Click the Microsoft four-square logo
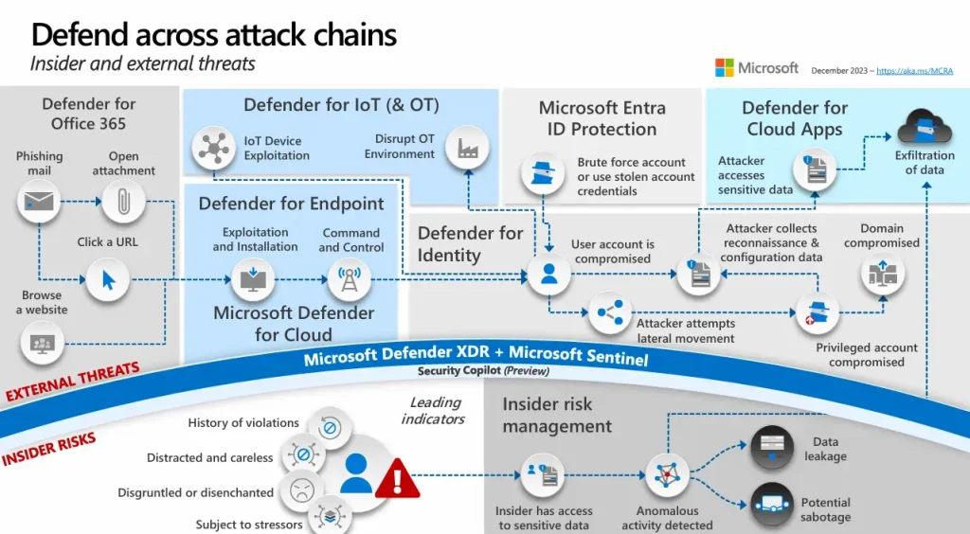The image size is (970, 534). (x=725, y=68)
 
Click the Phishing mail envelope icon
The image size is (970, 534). (x=40, y=201)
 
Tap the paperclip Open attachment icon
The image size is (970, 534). (x=123, y=201)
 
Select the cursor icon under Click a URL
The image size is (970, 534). (x=108, y=277)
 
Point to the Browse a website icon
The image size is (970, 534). (x=42, y=342)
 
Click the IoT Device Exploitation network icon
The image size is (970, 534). (x=213, y=149)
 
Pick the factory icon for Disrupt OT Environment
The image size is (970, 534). (x=467, y=148)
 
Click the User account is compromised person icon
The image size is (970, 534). (x=548, y=275)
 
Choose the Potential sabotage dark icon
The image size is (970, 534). (x=772, y=505)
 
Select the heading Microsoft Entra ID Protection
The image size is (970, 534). (x=602, y=118)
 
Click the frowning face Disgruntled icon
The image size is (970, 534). (x=300, y=490)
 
